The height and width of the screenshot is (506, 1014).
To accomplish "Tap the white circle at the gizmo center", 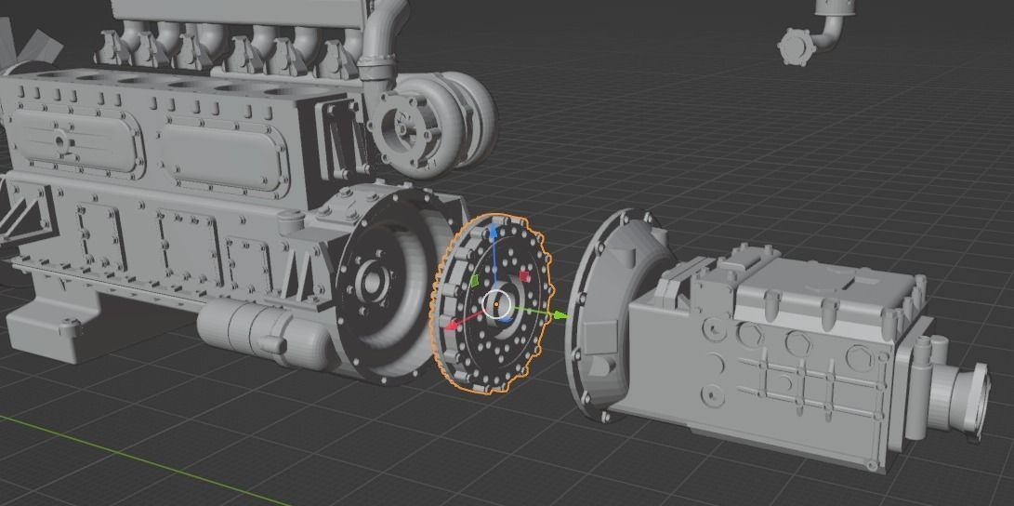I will pyautogui.click(x=497, y=303).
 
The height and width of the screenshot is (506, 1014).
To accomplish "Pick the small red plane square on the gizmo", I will pyautogui.click(x=524, y=276).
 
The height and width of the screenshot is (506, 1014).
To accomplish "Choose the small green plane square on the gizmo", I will pyautogui.click(x=473, y=280).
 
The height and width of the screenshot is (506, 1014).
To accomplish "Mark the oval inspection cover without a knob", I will pyautogui.click(x=223, y=154).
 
